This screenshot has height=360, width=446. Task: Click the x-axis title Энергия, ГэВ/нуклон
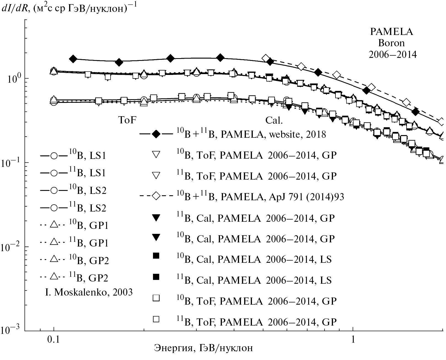(x=203, y=348)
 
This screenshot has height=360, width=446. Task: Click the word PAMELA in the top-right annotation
(x=391, y=32)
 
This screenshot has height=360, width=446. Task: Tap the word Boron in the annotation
(x=391, y=43)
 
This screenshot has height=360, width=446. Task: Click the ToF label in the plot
(x=127, y=120)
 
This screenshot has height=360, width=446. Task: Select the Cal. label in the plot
(x=274, y=120)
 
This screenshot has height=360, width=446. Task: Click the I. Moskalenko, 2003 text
(x=89, y=292)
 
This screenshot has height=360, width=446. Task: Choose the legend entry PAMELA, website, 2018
(x=251, y=134)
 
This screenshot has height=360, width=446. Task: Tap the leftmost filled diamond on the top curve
(x=73, y=59)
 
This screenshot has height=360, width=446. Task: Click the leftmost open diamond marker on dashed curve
(x=266, y=58)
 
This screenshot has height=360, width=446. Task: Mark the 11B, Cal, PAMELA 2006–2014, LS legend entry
(x=254, y=280)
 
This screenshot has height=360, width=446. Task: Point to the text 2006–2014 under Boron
(x=393, y=55)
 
